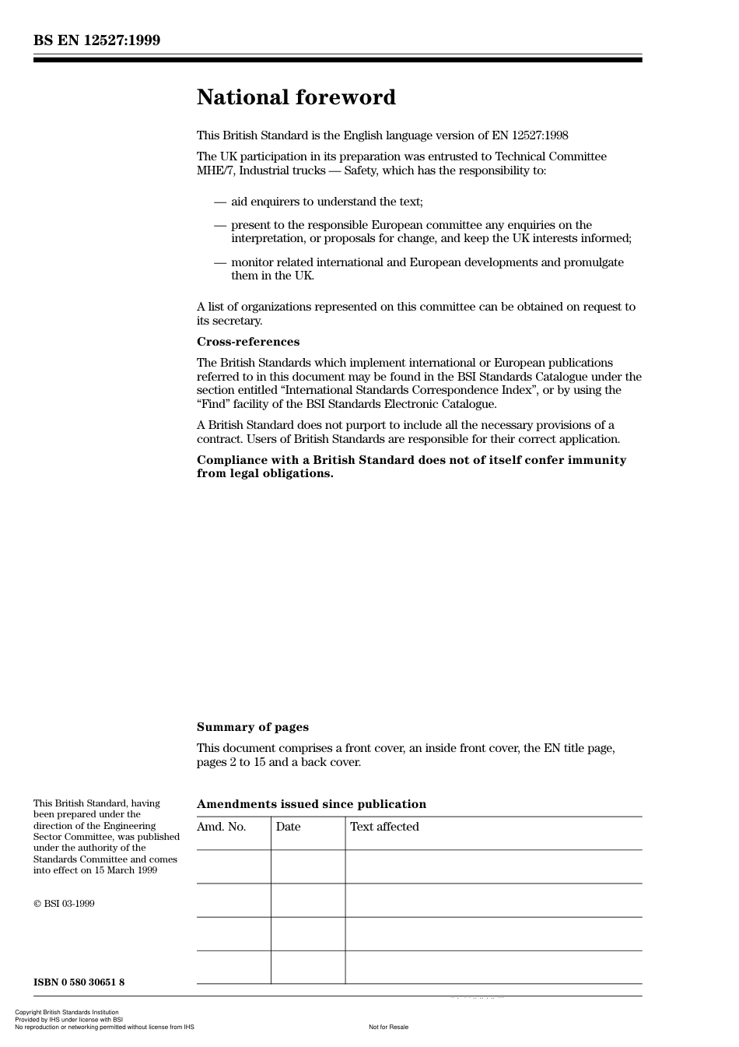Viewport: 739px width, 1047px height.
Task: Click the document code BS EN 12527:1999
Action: coord(96,40)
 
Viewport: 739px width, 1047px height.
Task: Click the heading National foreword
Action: coord(296,97)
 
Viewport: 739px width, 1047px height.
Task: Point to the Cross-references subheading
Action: coord(247,342)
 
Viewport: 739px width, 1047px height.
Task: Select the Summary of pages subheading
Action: coord(252,727)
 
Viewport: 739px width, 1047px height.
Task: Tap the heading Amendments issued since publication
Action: coord(311,804)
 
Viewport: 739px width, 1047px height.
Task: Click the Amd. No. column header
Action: coord(221,827)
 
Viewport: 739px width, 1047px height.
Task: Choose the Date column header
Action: coord(288,827)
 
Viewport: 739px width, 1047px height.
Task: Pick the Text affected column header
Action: coord(384,827)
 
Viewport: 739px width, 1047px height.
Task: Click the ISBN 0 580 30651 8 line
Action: coord(79,982)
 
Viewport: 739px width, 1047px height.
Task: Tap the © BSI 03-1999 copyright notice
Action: coord(64,904)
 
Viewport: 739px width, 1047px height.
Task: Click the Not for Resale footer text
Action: coord(388,1027)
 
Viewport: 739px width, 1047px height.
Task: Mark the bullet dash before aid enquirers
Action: coord(220,202)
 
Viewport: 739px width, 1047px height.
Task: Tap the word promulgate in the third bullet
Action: coord(595,262)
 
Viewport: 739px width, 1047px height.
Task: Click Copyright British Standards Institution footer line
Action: coord(67,1013)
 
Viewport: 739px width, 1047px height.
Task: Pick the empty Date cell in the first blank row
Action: coord(308,866)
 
